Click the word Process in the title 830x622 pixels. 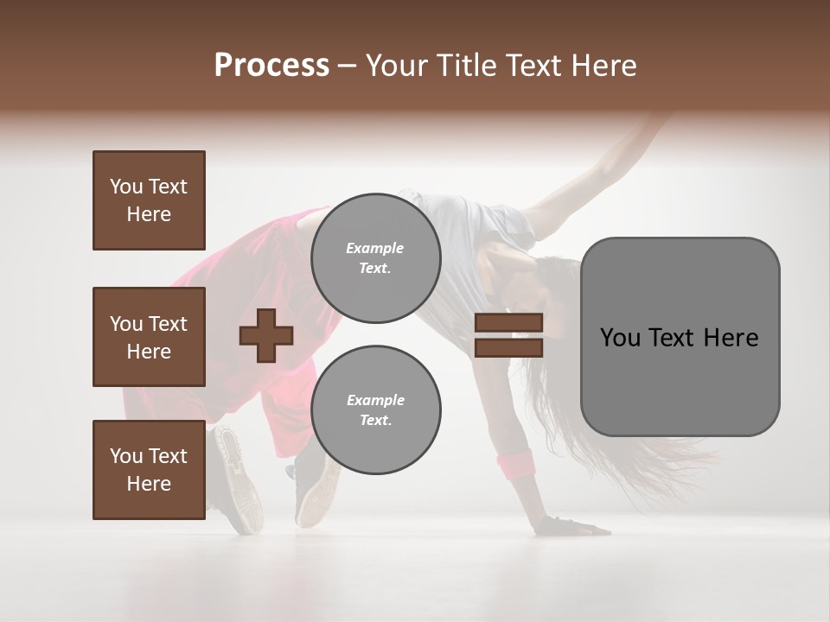(271, 66)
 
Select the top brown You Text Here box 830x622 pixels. (149, 200)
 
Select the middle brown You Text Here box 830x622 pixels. (149, 337)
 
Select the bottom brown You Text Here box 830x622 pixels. (149, 470)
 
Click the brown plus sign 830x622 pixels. (266, 335)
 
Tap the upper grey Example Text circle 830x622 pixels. (375, 257)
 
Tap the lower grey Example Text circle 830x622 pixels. (375, 409)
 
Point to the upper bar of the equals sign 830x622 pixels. (508, 323)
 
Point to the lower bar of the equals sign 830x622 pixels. (508, 347)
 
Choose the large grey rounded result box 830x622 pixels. (680, 337)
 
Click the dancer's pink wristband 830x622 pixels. (515, 464)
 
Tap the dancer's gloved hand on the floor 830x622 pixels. (562, 524)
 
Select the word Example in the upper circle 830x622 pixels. (375, 248)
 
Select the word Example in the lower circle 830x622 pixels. (375, 400)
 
